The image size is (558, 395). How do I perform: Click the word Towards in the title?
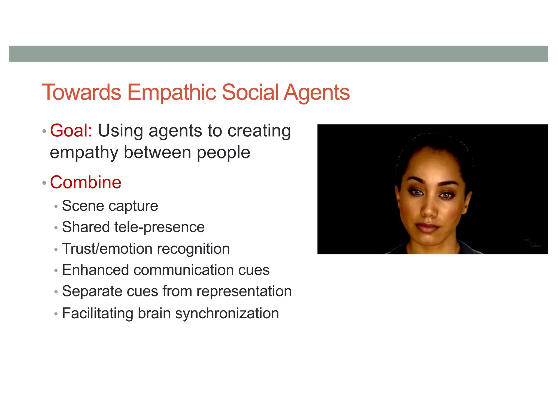coord(81,92)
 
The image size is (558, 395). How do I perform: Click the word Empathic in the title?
coord(172,92)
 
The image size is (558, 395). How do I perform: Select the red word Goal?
coord(71,131)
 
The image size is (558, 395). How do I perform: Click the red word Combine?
coord(86,182)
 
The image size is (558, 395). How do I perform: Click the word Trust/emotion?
coord(107,249)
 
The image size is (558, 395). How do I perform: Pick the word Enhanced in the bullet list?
coord(95,270)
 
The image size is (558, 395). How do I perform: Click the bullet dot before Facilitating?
coord(56,314)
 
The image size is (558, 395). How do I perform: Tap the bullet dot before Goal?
coord(44,131)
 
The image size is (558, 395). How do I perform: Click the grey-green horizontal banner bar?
coord(278,54)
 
